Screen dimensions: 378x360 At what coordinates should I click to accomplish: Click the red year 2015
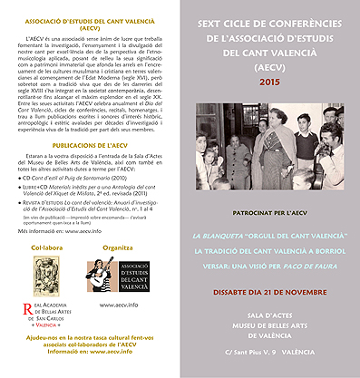[x=270, y=82]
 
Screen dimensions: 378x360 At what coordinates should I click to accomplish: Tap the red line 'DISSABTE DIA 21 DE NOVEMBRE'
[x=270, y=291]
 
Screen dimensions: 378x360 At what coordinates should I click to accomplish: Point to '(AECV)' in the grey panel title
[x=270, y=66]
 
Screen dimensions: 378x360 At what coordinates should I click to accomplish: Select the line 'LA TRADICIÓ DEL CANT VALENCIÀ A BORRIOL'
[x=270, y=249]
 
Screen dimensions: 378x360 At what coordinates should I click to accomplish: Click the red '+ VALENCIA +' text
[x=47, y=323]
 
